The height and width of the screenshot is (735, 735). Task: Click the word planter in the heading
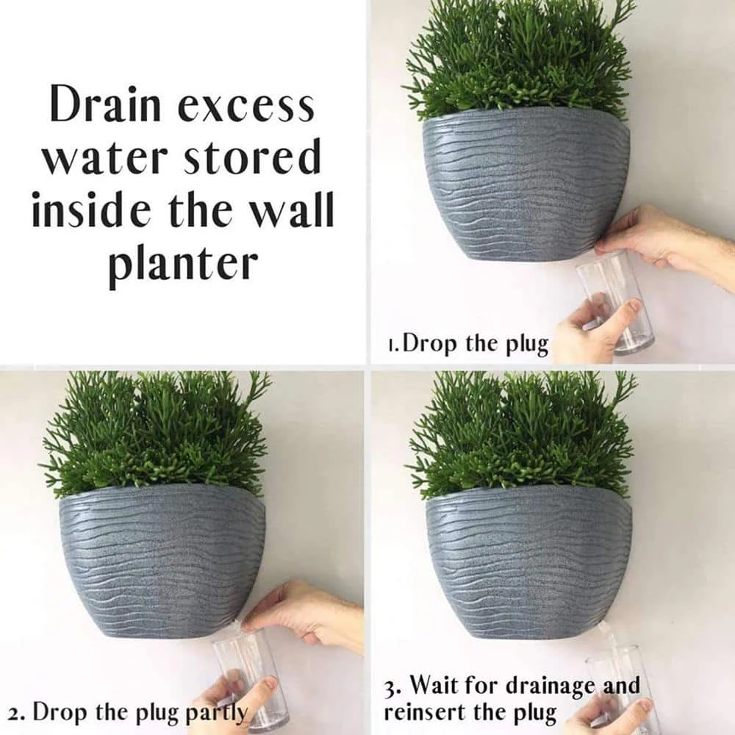tap(183, 262)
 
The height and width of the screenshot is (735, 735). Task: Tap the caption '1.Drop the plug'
tap(468, 344)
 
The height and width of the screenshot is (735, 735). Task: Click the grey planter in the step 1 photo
tap(526, 184)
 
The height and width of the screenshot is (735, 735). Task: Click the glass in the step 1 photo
tap(614, 301)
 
